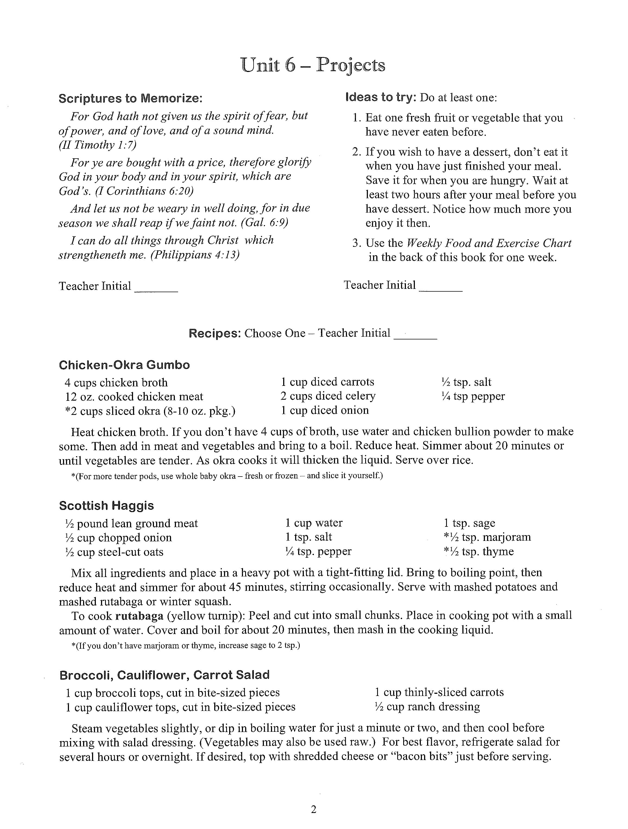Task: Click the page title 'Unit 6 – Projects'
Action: coord(313,65)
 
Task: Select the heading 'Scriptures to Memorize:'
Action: coord(130,98)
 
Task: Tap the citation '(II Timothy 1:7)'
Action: coord(97,145)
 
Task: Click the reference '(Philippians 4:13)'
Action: coord(195,255)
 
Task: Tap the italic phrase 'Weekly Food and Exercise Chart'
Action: coord(489,243)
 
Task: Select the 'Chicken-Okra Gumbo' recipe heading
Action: coord(124,365)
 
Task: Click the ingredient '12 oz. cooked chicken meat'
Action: coord(134,396)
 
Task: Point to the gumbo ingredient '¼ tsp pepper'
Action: coord(473,396)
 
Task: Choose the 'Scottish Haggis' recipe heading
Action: coord(106,506)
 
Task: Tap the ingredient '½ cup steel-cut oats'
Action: coord(114,552)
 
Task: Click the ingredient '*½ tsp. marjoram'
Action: coord(487,537)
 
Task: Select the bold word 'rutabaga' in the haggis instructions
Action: coord(139,616)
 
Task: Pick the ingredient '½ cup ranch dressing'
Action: coord(427,707)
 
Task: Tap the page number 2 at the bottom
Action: coord(314,809)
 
